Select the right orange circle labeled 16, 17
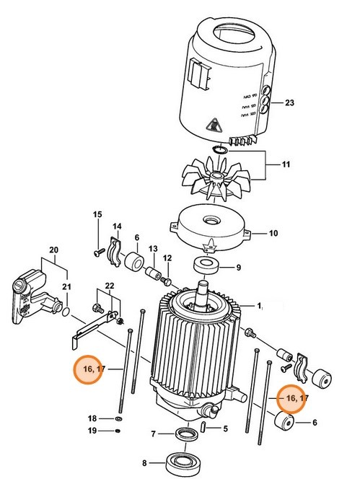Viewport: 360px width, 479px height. pos(293,397)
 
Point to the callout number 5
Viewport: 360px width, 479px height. pos(224,429)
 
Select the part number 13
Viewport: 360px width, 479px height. pos(153,249)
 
